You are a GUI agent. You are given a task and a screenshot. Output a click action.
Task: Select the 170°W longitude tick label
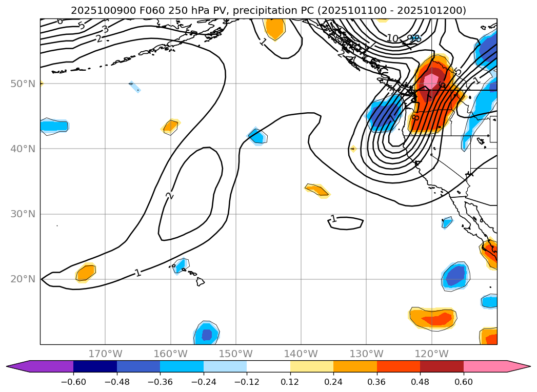coord(105,354)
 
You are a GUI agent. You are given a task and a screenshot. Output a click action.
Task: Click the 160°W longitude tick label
coord(170,354)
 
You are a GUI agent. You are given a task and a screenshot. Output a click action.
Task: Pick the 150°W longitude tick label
coord(235,354)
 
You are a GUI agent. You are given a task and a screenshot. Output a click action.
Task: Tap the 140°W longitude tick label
coord(301,354)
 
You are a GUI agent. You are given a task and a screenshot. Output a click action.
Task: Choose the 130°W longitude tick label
coord(366,354)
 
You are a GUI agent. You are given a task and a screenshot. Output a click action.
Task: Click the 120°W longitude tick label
coord(431,354)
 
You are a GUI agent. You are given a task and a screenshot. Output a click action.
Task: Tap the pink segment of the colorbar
coord(485,366)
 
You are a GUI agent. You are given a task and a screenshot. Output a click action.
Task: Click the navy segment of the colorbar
coord(95,366)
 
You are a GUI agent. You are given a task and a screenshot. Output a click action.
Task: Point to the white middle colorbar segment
coord(268,366)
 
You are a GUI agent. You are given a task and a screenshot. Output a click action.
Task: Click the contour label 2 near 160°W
coord(169,195)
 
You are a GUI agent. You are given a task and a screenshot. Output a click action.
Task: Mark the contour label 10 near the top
coord(392,38)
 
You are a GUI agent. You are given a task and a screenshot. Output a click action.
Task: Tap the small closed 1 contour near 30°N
coord(345,222)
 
